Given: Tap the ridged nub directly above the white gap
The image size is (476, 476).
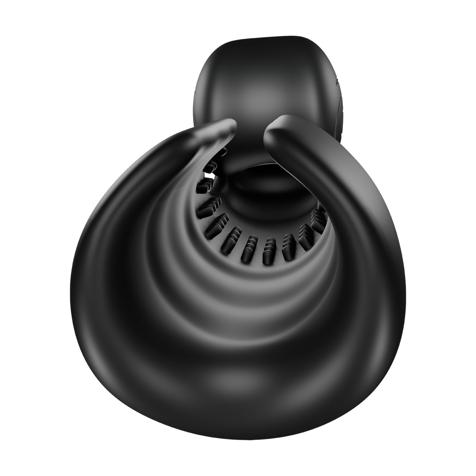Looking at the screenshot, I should click(211, 167).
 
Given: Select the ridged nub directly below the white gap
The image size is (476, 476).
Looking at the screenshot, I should click(204, 186).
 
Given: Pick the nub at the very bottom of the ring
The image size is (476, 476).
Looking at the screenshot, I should click(250, 249).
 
